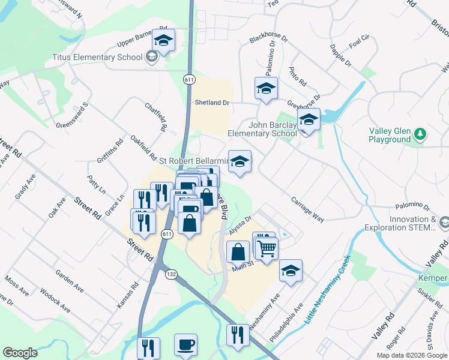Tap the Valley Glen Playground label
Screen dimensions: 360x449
tap(391, 134)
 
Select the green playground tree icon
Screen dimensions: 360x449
tap(420, 134)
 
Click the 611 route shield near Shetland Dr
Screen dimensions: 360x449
tap(189, 79)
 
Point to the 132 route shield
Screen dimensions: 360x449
tap(172, 274)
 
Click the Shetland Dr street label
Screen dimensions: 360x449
tap(212, 103)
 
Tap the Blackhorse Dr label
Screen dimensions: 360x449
tap(268, 40)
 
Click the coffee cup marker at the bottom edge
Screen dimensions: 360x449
tap(185, 346)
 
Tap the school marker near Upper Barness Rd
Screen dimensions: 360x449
tap(163, 40)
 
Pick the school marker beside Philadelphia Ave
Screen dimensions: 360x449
tap(291, 271)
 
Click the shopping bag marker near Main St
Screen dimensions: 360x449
tap(238, 252)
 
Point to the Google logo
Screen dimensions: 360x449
tap(20, 353)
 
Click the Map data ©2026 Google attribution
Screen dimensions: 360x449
tap(412, 355)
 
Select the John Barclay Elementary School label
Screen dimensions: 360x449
tap(262, 129)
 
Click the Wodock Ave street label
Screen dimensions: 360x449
tap(55, 302)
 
